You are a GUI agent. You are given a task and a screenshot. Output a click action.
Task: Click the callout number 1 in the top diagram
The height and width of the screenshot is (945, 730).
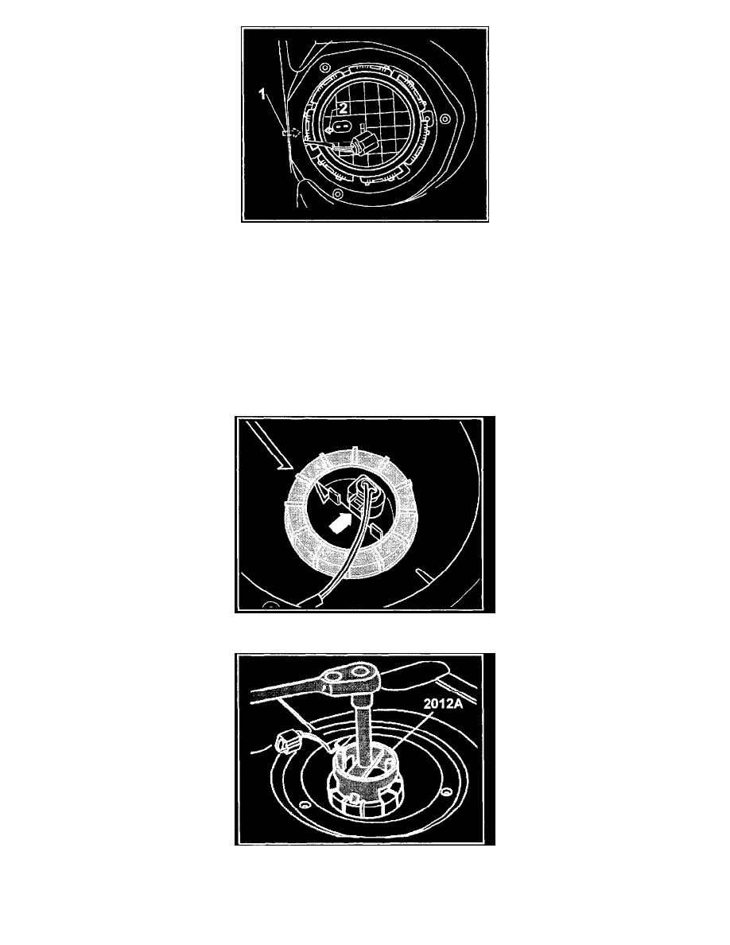coord(262,94)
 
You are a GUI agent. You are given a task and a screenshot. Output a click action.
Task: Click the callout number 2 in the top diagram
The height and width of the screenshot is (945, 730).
coord(343,108)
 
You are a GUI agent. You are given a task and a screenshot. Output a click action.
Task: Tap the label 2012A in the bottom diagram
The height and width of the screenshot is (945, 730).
coord(443,703)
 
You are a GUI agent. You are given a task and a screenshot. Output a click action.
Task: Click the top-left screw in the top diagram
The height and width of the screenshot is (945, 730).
coord(324,67)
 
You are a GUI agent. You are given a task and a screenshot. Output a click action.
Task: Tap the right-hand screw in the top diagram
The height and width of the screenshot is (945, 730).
coord(445,118)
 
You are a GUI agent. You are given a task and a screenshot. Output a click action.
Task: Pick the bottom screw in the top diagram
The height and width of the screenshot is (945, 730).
coord(337,193)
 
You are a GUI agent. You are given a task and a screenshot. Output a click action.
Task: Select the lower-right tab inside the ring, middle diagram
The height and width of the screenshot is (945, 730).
coord(374,531)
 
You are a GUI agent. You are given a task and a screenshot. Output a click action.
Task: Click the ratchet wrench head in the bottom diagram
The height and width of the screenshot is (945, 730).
coord(348,678)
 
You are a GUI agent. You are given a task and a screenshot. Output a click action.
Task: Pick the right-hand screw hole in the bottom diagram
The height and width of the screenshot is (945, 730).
coord(445,790)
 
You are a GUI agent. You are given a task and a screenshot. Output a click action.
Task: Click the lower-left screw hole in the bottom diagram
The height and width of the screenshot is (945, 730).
coord(304,805)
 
